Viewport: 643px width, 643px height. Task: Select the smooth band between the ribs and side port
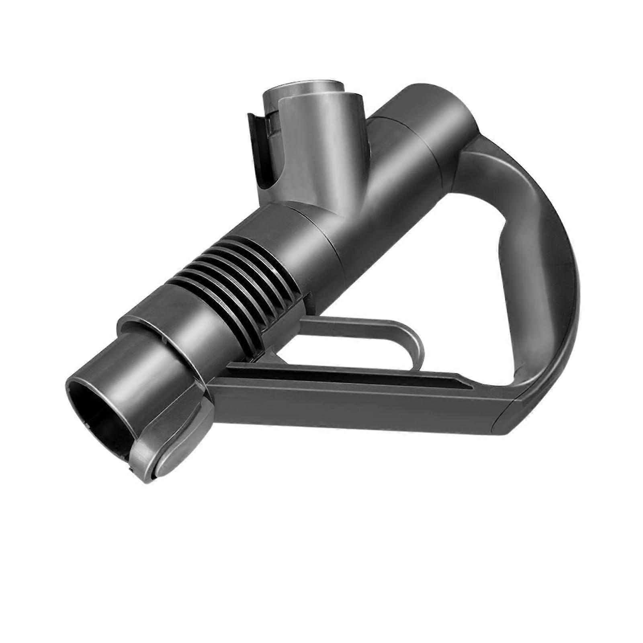[x=305, y=237]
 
